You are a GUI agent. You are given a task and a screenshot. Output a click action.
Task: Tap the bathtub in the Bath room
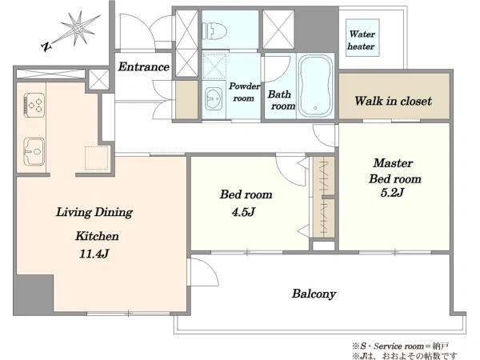tap(316, 86)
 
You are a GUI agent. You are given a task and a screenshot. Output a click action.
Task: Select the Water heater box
tap(362, 38)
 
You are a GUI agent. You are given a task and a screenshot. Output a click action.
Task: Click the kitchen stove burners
tap(34, 105)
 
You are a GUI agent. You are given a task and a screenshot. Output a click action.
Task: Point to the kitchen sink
tap(34, 151)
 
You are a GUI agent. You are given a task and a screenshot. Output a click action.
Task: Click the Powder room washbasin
tap(214, 98)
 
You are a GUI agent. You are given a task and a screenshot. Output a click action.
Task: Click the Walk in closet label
tap(394, 101)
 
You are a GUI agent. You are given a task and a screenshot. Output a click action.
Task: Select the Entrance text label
tap(143, 66)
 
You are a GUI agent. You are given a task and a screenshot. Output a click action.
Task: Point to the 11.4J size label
tap(94, 254)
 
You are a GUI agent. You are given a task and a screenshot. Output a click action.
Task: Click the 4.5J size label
tap(243, 212)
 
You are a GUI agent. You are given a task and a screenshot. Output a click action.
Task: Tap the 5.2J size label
tap(393, 193)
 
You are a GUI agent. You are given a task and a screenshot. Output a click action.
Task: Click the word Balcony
tap(314, 294)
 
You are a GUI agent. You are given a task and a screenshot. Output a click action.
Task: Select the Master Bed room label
tap(394, 171)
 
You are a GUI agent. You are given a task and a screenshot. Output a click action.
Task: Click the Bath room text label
tap(282, 100)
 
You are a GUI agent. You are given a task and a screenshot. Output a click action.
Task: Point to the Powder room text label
tap(244, 92)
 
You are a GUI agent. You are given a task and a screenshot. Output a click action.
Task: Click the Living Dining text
tap(94, 213)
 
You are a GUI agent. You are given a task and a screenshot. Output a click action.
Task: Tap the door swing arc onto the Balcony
tap(208, 267)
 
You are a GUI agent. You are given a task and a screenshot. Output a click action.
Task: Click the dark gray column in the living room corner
tap(34, 294)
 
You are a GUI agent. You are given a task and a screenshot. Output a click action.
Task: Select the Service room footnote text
tap(401, 346)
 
